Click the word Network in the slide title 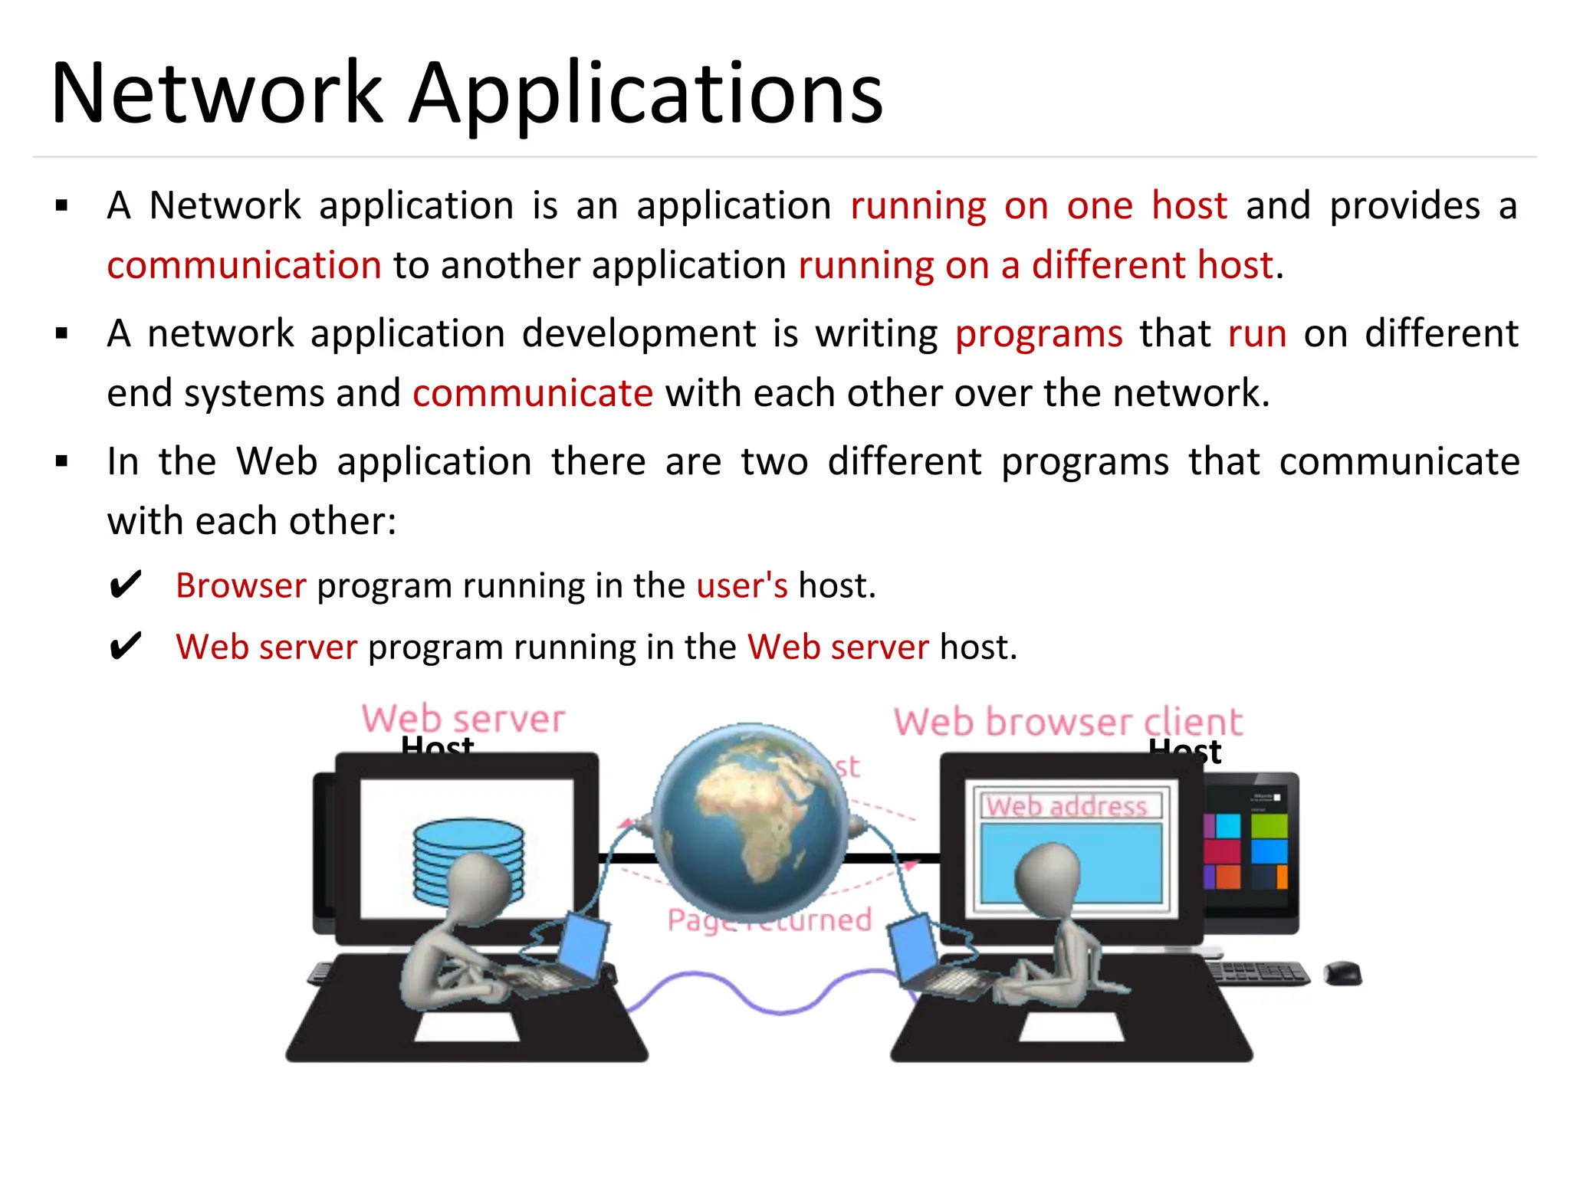pos(217,94)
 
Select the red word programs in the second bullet pos(1039,335)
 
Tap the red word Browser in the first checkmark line pos(241,585)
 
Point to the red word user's pos(742,585)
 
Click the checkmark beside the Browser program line pos(126,585)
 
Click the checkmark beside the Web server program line pos(126,647)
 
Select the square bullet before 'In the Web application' pos(62,461)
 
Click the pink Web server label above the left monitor pos(464,719)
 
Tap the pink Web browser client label pos(1068,722)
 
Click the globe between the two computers pos(750,820)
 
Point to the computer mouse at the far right pos(1342,973)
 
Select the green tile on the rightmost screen pos(1269,825)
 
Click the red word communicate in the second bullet pos(533,394)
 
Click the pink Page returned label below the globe pos(769,920)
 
